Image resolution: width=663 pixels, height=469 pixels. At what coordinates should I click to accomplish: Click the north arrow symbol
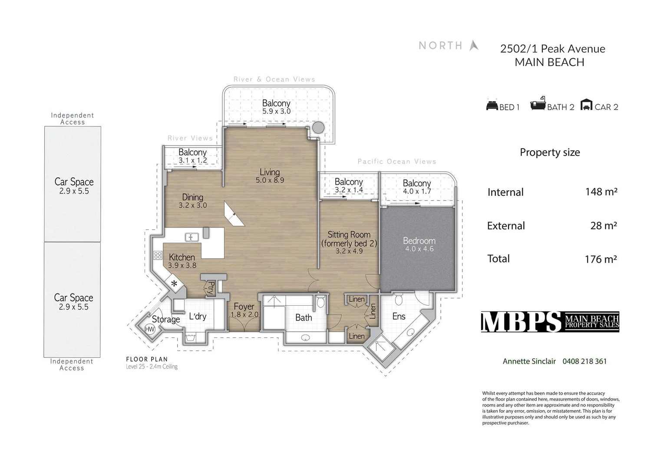coord(474,45)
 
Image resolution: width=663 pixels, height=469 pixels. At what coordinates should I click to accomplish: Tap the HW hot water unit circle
coord(150,329)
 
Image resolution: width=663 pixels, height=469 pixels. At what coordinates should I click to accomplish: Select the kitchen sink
coord(191,237)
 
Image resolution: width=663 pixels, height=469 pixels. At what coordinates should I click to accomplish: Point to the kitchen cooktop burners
coord(158,255)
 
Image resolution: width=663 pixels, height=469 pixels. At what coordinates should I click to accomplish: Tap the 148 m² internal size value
coord(601,192)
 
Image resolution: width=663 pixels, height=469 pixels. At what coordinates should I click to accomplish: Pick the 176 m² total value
coord(600,259)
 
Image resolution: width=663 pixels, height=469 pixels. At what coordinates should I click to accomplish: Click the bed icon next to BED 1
coord(492,106)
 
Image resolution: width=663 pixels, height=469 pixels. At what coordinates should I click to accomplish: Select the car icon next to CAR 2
coord(586,105)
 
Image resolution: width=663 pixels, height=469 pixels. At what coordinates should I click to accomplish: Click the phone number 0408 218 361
coord(584,361)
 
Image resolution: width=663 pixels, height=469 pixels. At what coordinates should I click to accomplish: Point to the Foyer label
coord(244,307)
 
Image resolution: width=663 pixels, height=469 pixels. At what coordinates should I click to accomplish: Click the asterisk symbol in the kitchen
coord(174,284)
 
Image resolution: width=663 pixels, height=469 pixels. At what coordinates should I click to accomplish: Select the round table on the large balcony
coord(318,127)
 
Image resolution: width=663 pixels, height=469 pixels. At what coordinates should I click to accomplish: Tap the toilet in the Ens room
coord(399,299)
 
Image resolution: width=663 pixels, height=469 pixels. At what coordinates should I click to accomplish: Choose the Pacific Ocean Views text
coord(396,162)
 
